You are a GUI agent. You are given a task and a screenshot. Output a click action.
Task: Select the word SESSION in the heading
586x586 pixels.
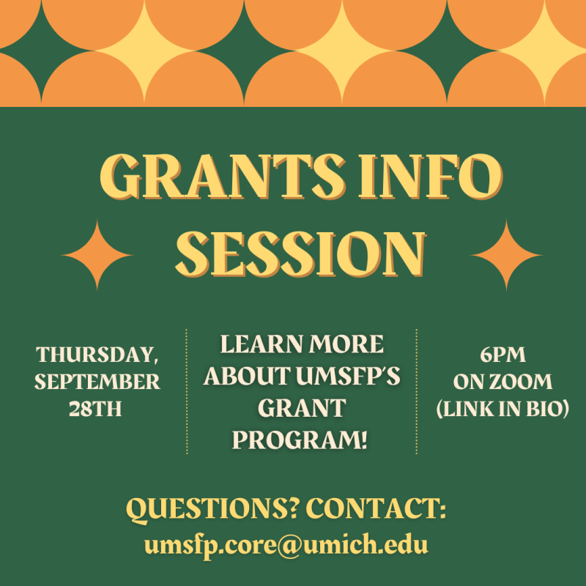tap(301, 253)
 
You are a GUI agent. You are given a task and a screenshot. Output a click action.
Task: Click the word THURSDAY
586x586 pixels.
tap(97, 355)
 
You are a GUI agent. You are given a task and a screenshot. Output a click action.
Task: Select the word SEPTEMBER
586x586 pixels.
tap(97, 382)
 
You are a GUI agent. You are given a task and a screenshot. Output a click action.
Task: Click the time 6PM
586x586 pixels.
tap(502, 355)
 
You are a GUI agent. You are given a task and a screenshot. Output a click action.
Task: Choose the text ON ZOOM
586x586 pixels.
tap(502, 382)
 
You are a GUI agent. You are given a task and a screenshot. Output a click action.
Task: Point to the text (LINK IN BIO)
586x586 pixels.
tap(502, 409)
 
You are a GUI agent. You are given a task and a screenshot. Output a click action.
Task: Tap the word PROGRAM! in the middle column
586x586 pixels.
tap(300, 440)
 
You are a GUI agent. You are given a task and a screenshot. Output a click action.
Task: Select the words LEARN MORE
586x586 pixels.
tap(301, 344)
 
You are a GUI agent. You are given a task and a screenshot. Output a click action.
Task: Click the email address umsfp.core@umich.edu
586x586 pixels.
tap(286, 545)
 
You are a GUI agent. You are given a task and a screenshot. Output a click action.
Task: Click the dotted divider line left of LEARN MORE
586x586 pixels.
tap(187, 391)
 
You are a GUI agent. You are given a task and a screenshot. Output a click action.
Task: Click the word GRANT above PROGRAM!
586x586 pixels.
tap(300, 408)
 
